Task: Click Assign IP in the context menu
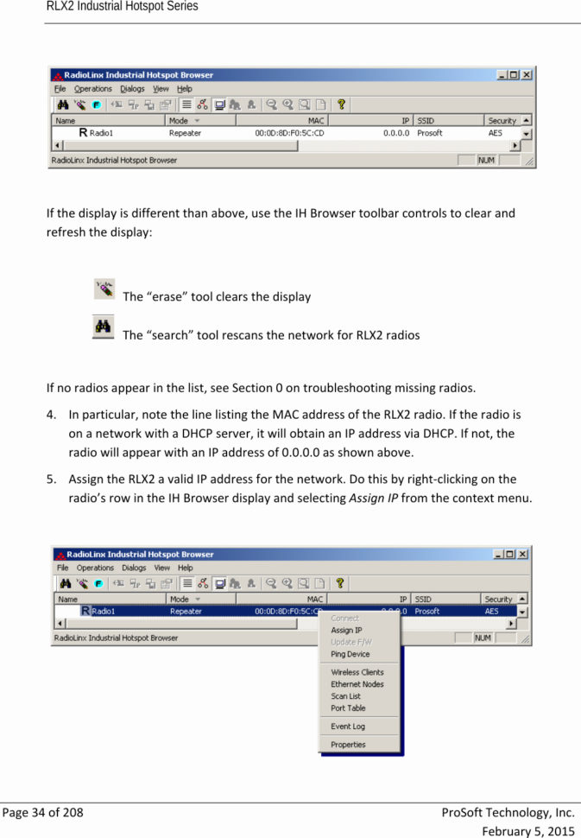[x=346, y=631]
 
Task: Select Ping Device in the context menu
[x=350, y=654]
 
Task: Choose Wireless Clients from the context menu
[x=357, y=672]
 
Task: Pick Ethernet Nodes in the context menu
[x=357, y=684]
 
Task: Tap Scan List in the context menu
[x=345, y=696]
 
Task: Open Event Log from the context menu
[x=347, y=727]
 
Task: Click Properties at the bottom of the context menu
[x=348, y=745]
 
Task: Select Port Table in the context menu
[x=348, y=708]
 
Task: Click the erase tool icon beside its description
[x=104, y=289]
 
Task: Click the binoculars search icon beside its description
[x=104, y=327]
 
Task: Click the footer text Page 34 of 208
[x=43, y=813]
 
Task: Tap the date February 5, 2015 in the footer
[x=527, y=830]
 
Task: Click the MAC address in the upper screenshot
[x=289, y=134]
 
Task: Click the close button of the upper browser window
[x=527, y=75]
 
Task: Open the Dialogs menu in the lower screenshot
[x=134, y=568]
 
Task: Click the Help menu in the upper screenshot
[x=185, y=88]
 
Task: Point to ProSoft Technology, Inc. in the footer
[x=508, y=813]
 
